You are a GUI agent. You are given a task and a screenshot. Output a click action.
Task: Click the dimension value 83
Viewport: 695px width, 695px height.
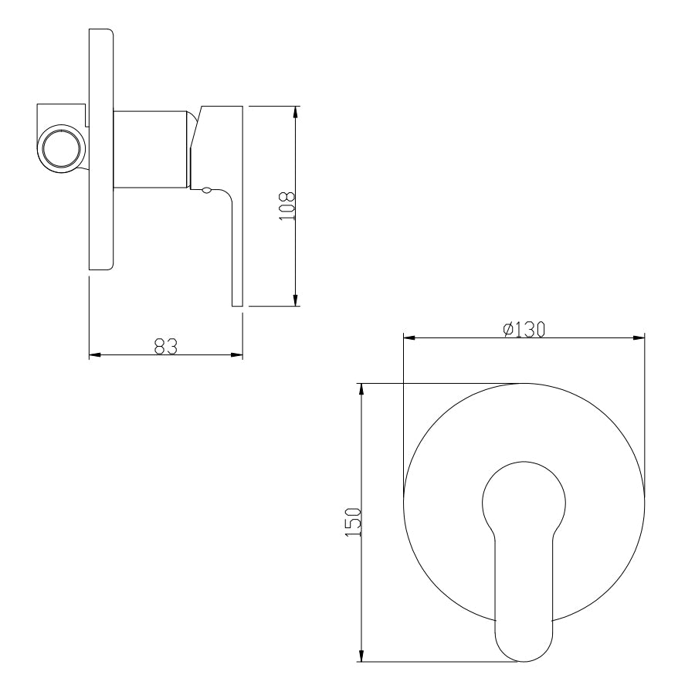(x=165, y=346)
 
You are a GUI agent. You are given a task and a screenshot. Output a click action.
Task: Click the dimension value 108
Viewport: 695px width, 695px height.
(x=287, y=206)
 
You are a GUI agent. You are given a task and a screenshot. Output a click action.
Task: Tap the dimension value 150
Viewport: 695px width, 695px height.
(x=353, y=523)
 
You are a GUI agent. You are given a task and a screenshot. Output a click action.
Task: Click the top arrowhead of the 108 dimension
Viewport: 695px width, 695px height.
(x=296, y=113)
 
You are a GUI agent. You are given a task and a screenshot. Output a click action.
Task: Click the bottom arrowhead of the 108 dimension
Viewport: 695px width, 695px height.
(x=296, y=300)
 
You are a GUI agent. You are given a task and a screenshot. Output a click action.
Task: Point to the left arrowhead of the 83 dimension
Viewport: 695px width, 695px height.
(x=95, y=354)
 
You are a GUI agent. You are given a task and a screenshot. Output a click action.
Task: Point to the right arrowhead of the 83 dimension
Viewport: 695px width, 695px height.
(x=237, y=354)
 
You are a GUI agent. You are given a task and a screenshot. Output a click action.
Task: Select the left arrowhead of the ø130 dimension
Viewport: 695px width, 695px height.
(x=409, y=338)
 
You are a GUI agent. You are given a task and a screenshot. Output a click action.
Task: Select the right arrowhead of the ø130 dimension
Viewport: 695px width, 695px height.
(x=639, y=338)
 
